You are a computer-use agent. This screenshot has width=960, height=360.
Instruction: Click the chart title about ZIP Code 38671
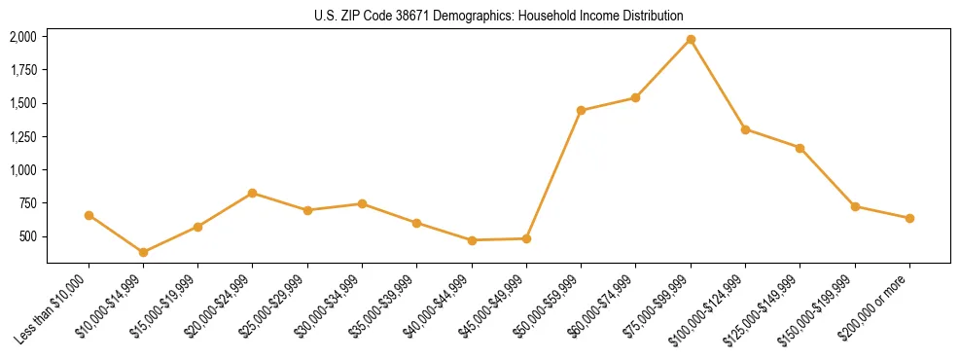click(x=499, y=16)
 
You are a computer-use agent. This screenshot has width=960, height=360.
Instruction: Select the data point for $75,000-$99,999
click(x=691, y=39)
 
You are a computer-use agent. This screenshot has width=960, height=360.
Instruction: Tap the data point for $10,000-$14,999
click(x=143, y=252)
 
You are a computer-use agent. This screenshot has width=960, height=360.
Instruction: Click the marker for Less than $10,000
click(x=89, y=215)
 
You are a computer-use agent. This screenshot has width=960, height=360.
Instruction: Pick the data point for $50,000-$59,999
click(x=581, y=110)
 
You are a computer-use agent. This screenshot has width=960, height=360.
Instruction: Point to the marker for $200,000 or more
click(x=909, y=218)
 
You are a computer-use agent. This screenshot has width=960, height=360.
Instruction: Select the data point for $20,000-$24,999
click(x=253, y=193)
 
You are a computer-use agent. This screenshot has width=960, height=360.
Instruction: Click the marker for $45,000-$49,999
click(x=526, y=238)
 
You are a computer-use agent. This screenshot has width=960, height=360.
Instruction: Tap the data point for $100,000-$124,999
click(x=745, y=129)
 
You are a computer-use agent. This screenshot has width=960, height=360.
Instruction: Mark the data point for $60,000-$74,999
click(x=635, y=97)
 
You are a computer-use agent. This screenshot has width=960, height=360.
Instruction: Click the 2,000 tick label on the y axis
click(x=22, y=37)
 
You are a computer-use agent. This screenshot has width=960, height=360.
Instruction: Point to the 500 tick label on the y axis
click(x=28, y=236)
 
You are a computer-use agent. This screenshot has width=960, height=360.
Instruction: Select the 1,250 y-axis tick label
click(x=22, y=136)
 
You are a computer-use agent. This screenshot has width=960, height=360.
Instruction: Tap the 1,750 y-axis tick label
click(x=22, y=70)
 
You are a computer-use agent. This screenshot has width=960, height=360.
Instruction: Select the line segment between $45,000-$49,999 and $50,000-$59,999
click(x=553, y=174)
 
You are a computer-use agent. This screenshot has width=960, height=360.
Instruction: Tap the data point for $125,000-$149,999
click(x=800, y=148)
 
